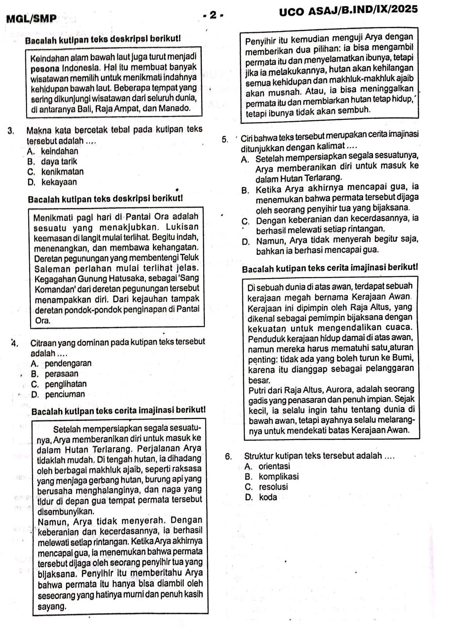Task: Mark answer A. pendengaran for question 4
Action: (x=61, y=363)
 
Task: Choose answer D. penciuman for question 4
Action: (x=58, y=394)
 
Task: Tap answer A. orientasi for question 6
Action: (x=267, y=466)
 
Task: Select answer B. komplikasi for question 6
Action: (x=271, y=476)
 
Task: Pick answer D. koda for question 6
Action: (x=261, y=497)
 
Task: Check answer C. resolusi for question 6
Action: (x=267, y=487)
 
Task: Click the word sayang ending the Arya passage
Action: (x=52, y=607)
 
